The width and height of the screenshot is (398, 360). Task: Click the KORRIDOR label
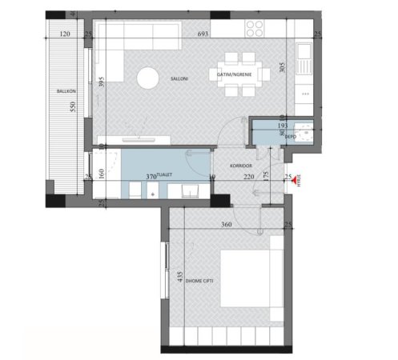241,166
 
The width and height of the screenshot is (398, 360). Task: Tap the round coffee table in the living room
148,78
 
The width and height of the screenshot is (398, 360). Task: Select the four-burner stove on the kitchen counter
255,29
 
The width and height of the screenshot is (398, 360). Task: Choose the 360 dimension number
226,226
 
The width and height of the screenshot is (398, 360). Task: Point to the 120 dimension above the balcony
66,35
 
